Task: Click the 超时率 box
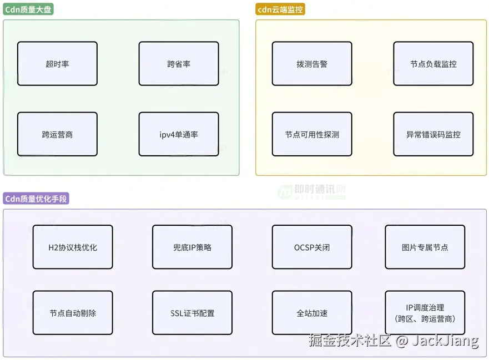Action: pos(57,64)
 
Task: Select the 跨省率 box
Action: pos(179,64)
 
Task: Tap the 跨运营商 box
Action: pos(57,134)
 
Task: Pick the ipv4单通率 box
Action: pos(179,134)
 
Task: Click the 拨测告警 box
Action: pos(312,64)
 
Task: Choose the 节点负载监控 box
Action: pos(433,64)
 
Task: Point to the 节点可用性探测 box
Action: pos(312,134)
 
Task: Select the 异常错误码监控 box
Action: pos(433,134)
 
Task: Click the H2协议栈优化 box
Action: pos(73,247)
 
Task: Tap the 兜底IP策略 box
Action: pos(192,247)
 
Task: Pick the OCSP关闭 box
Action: pos(312,247)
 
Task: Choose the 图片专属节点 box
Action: pos(425,247)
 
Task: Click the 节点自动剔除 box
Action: pos(73,313)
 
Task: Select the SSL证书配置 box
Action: pos(192,313)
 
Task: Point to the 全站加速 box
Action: pos(312,313)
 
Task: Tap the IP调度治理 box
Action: pos(425,313)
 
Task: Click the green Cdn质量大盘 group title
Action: pos(28,9)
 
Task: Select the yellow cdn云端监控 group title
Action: pos(281,9)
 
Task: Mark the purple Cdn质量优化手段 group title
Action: pos(36,199)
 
